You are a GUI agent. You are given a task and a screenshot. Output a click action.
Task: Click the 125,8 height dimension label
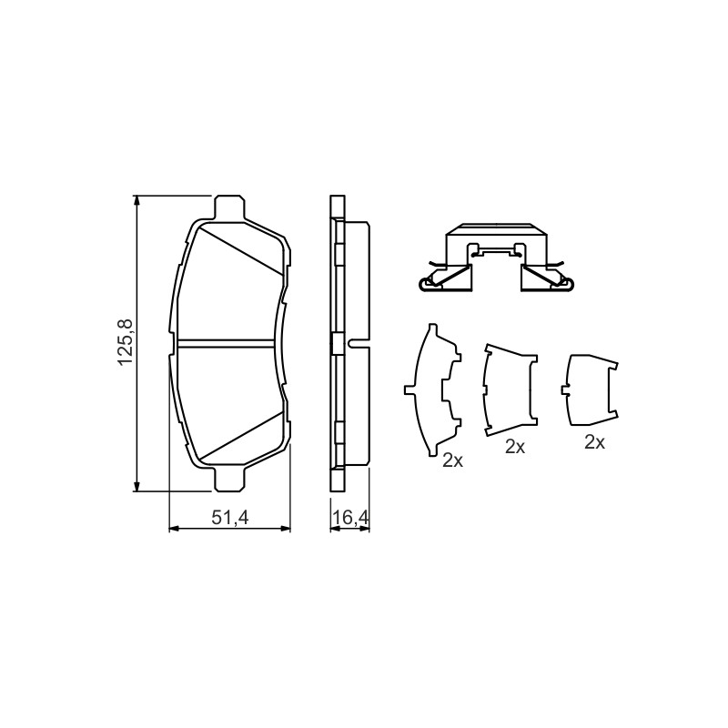(x=126, y=343)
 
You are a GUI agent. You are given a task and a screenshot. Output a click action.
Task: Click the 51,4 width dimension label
(x=230, y=517)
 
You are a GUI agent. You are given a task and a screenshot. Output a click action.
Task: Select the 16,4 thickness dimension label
(x=350, y=517)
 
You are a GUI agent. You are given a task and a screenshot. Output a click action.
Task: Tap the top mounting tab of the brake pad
(x=230, y=207)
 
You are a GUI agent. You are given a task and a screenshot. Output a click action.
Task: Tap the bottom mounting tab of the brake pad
(x=230, y=480)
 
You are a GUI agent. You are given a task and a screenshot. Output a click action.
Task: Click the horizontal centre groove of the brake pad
(x=227, y=343)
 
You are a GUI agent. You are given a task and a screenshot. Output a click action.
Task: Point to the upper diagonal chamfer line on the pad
(x=240, y=249)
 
